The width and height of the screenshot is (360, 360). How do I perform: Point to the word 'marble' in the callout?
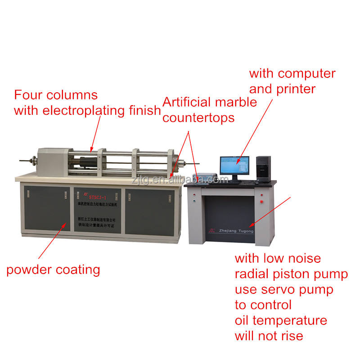point(234,102)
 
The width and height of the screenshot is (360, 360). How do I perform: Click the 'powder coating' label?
point(53,270)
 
